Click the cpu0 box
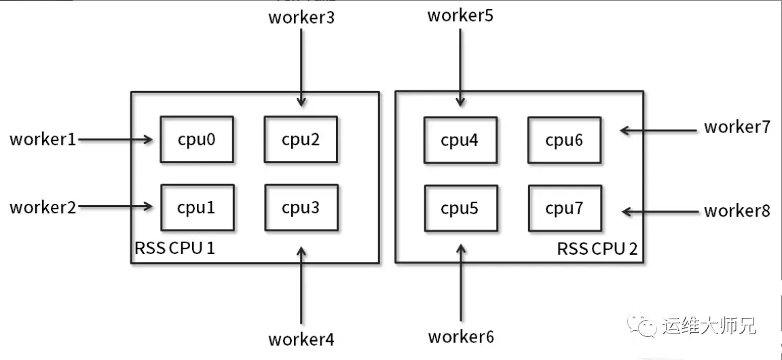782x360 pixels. pyautogui.click(x=196, y=139)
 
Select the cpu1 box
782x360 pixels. pyautogui.click(x=196, y=208)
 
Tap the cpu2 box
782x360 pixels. pyautogui.click(x=301, y=139)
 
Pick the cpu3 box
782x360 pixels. pyautogui.click(x=301, y=208)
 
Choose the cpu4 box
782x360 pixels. pyautogui.click(x=460, y=141)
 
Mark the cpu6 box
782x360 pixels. pyautogui.click(x=564, y=141)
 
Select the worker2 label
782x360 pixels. pyautogui.click(x=43, y=207)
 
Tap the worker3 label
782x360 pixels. pyautogui.click(x=301, y=17)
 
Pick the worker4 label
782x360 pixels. pyautogui.click(x=301, y=338)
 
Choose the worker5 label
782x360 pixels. pyautogui.click(x=460, y=15)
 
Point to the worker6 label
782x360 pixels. pyautogui.click(x=461, y=336)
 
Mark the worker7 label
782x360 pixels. pyautogui.click(x=737, y=127)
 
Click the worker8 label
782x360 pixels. pyautogui.click(x=737, y=211)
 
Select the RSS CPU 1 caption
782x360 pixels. pyautogui.click(x=174, y=248)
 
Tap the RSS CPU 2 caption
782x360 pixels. pyautogui.click(x=597, y=248)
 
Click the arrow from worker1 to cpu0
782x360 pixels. pyautogui.click(x=115, y=140)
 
